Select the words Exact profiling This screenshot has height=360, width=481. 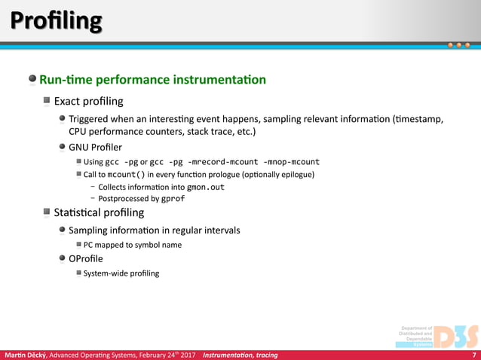pyautogui.click(x=89, y=100)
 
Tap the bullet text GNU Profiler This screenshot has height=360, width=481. pyautogui.click(x=95, y=147)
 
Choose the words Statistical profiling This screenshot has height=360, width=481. pyautogui.click(x=99, y=212)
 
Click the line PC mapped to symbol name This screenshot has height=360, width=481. pyautogui.click(x=133, y=245)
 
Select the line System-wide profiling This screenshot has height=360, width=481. pyautogui.click(x=121, y=273)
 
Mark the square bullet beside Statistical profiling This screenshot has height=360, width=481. pyautogui.click(x=47, y=212)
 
